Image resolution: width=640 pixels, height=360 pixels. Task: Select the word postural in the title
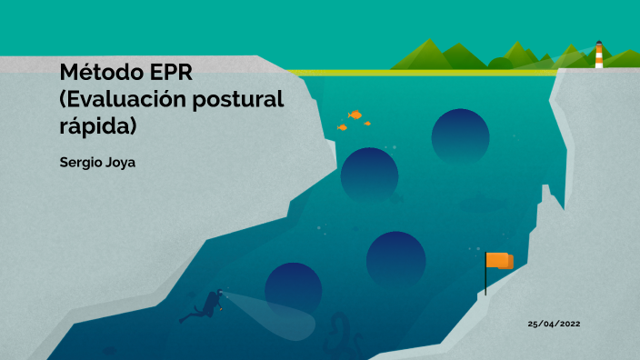239,99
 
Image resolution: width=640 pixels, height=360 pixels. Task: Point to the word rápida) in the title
97,126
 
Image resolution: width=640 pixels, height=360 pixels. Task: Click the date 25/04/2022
554,324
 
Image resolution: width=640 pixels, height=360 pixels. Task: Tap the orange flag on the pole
499,260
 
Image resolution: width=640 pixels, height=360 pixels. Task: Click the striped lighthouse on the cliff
599,56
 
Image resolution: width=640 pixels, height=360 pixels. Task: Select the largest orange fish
355,115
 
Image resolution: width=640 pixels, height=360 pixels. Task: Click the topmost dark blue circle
460,135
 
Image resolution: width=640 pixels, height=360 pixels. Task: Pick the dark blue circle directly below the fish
369,175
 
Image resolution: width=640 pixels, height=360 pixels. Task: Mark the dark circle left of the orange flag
395,260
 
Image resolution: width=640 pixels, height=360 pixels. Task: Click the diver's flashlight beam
273,314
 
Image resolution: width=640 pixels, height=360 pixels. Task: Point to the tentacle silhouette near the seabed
340,332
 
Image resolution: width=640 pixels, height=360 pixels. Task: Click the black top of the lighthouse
599,43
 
